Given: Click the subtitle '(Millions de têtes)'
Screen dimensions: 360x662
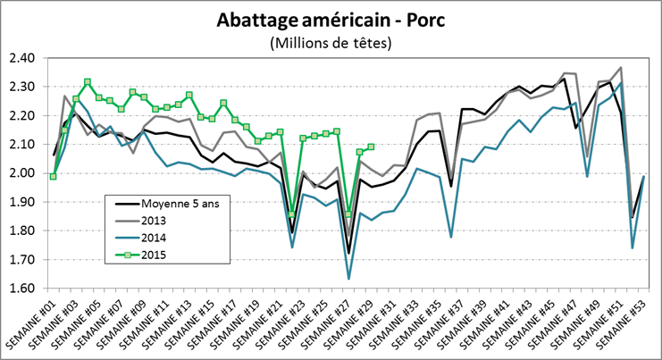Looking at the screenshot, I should (331, 42).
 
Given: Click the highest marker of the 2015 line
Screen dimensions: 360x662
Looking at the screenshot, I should (87, 82).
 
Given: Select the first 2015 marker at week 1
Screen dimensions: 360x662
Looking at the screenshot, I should (53, 176).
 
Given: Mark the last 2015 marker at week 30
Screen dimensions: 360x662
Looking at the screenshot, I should (371, 147).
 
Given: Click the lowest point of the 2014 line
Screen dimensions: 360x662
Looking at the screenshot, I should (348, 279).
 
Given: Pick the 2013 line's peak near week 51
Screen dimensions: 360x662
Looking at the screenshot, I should (620, 68).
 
